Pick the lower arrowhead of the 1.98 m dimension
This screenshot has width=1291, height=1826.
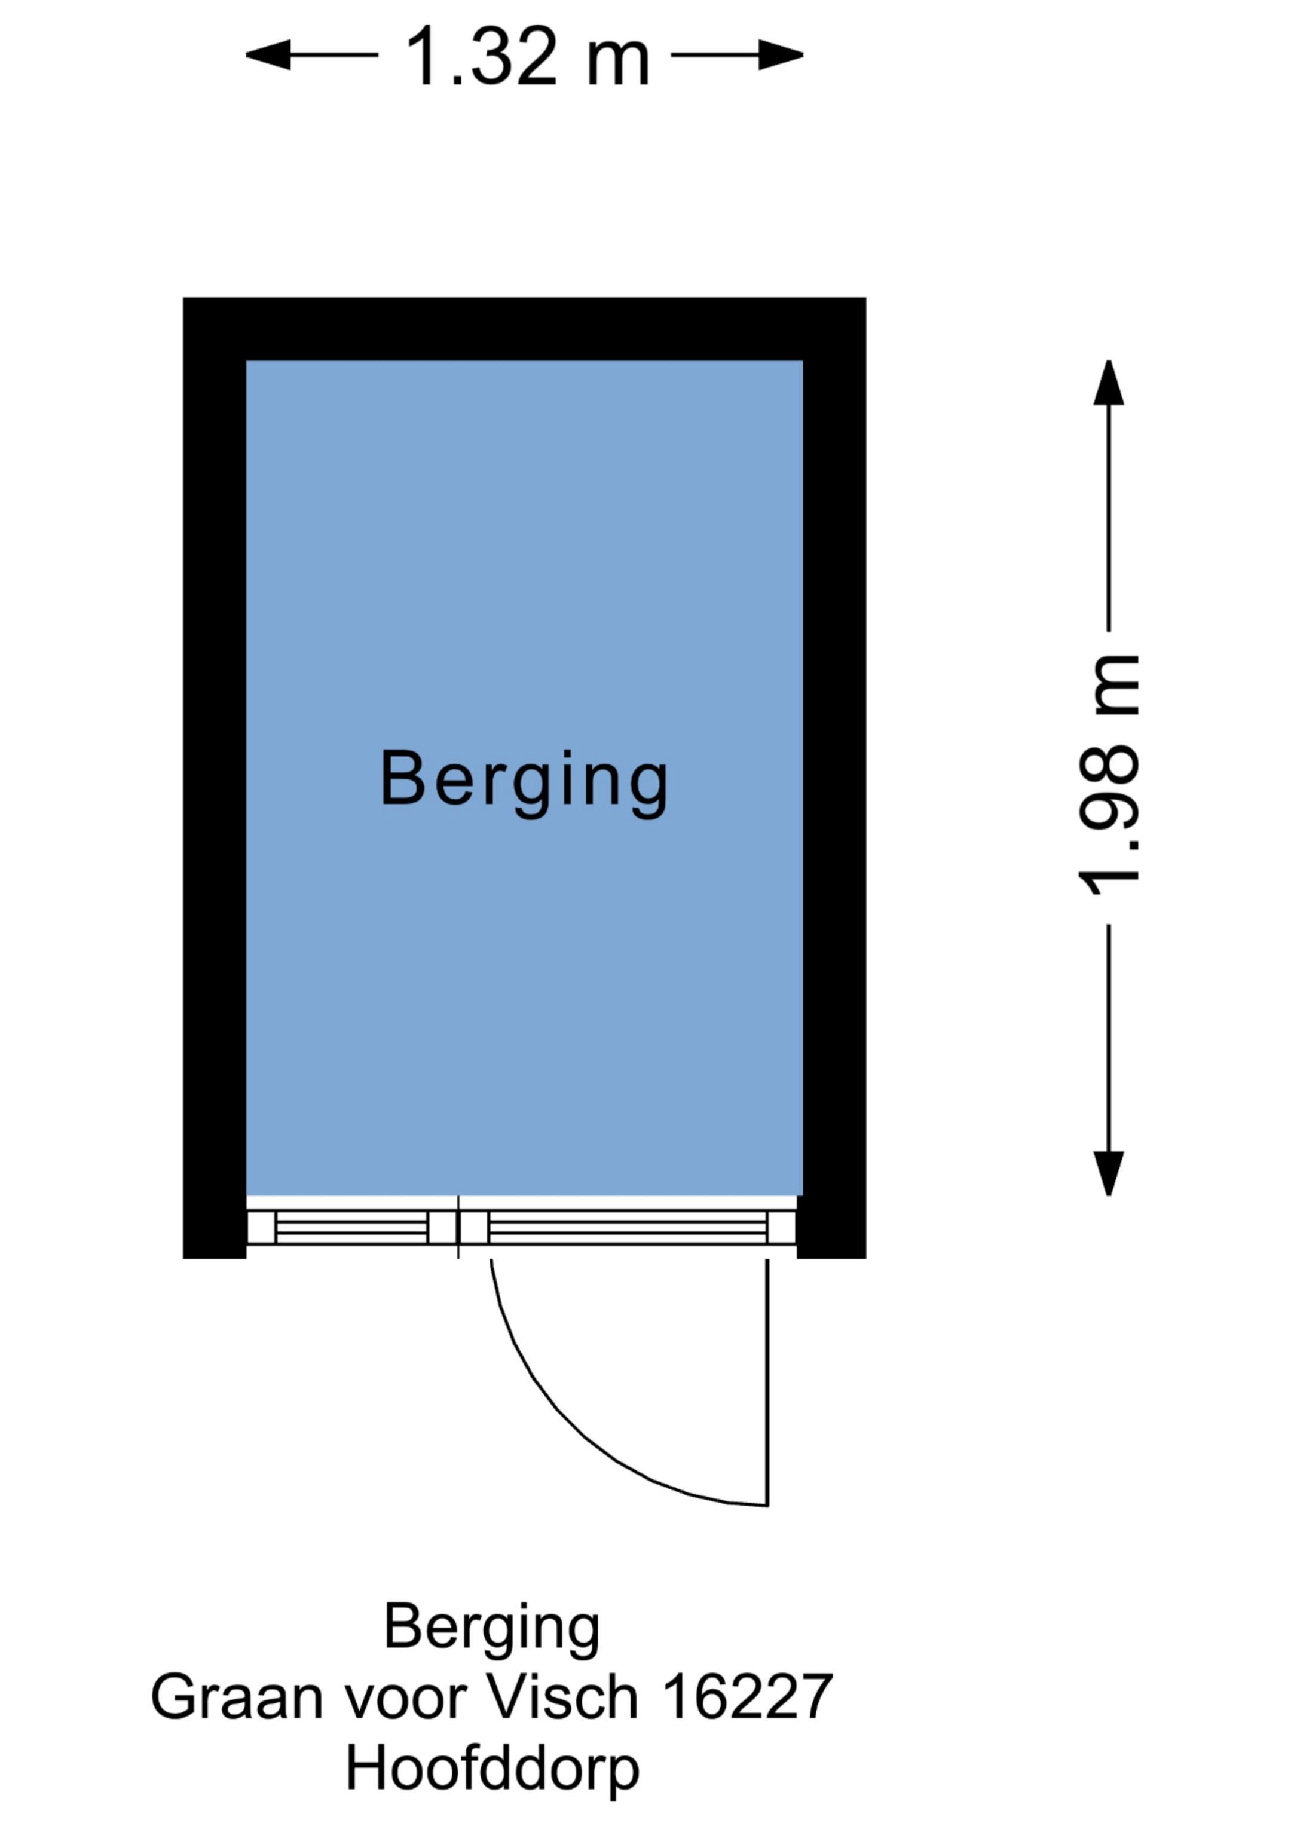click(1108, 1172)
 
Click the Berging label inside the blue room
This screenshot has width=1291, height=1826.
click(524, 779)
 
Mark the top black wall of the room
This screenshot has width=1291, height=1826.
click(524, 329)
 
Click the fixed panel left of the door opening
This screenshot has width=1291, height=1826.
click(351, 1227)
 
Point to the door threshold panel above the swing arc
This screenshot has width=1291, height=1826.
click(628, 1227)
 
